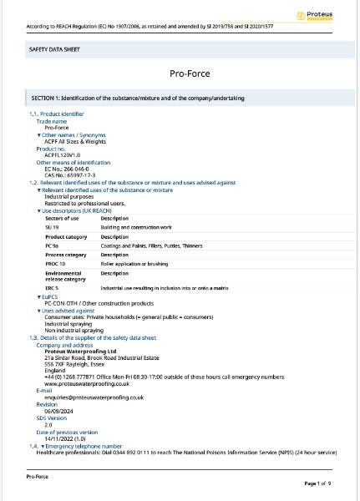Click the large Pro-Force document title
point(180,73)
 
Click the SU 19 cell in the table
point(52,226)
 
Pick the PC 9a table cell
point(52,246)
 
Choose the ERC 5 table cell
point(52,287)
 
